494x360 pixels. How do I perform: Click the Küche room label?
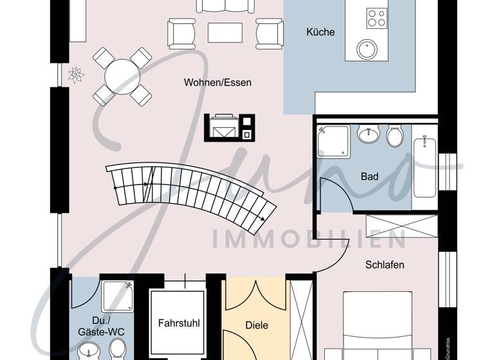[320, 32]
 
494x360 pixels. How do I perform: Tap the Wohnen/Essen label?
[217, 83]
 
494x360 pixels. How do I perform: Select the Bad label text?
[369, 177]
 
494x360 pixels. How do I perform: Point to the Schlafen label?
[385, 265]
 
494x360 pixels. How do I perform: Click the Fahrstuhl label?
[178, 323]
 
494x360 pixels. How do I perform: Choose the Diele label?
[257, 326]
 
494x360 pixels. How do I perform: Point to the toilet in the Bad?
[394, 137]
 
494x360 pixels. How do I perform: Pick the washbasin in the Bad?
[367, 136]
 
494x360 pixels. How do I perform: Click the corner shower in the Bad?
[333, 141]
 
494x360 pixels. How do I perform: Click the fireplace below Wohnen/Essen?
[230, 127]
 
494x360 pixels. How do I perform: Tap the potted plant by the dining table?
[76, 75]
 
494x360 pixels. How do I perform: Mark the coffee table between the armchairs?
[225, 32]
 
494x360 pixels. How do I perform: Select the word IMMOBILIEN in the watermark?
[309, 239]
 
